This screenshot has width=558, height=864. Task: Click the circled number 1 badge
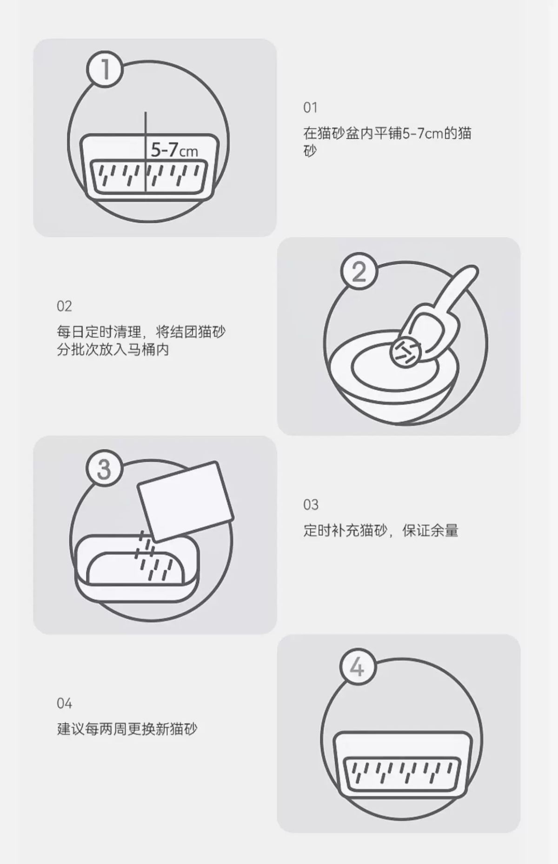(x=105, y=69)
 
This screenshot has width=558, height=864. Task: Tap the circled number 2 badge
(x=359, y=272)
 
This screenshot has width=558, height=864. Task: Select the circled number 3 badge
(x=105, y=469)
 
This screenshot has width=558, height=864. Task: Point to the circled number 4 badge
(x=358, y=668)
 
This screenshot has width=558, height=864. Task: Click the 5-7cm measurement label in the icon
(x=174, y=150)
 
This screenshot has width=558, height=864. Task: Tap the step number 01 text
(x=310, y=107)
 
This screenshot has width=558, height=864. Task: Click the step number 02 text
(x=64, y=306)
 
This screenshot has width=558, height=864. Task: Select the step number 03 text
(x=311, y=505)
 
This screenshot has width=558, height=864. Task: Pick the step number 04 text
(x=64, y=703)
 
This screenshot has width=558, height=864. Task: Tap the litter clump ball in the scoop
(x=405, y=351)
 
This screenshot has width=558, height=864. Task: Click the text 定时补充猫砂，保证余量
(x=381, y=531)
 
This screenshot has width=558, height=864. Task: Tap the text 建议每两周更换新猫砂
(x=127, y=729)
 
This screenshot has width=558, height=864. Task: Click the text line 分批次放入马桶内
(x=113, y=350)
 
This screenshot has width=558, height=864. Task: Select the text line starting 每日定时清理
(x=141, y=332)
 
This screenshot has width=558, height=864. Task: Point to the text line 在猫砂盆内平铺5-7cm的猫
(x=387, y=133)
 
